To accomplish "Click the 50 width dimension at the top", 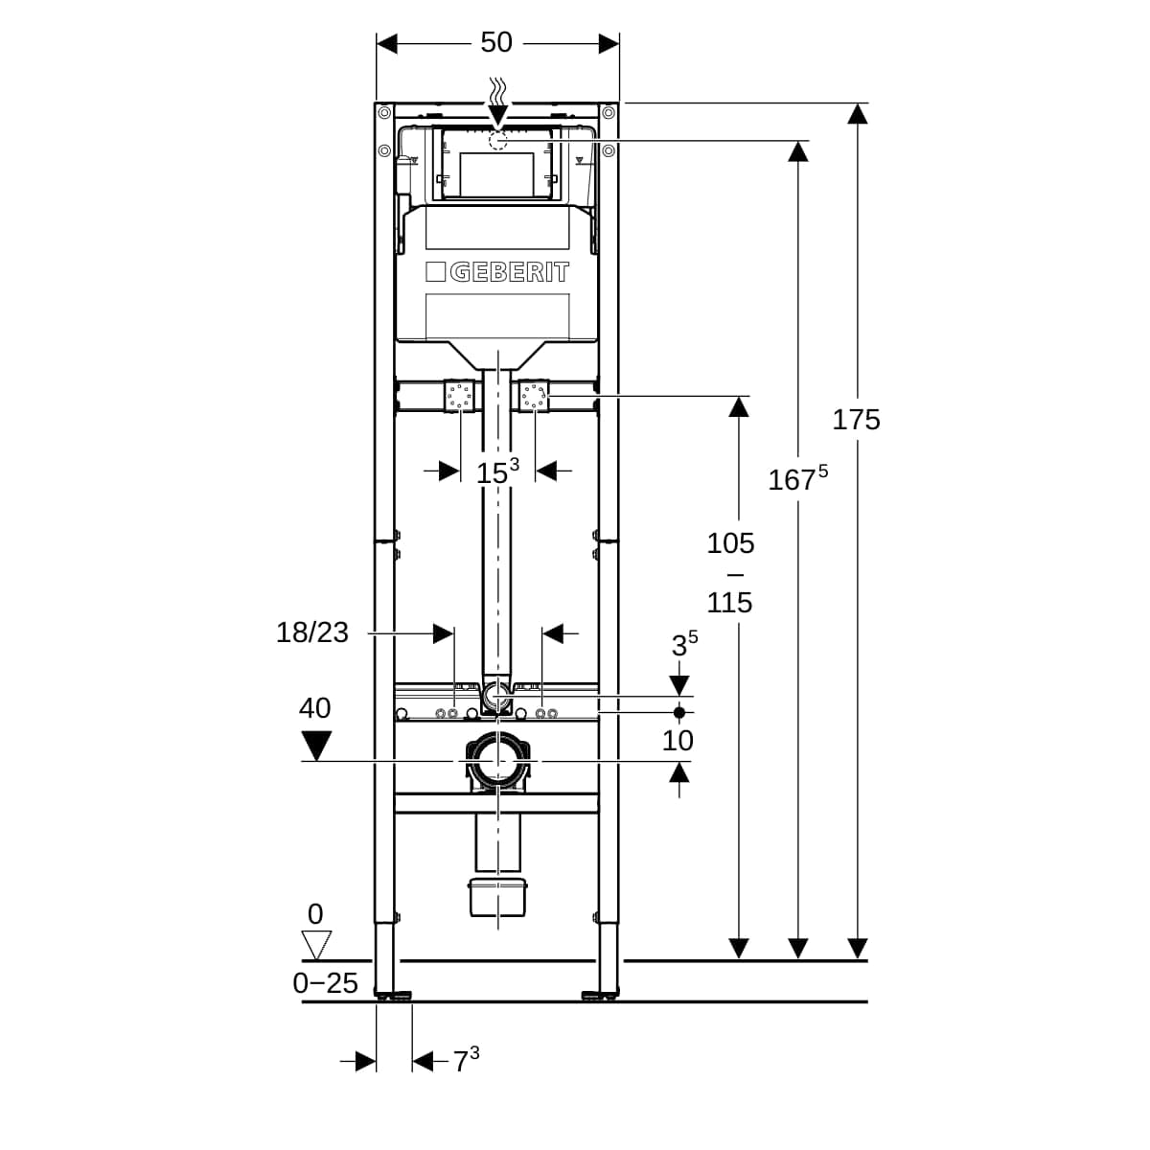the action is click(496, 43).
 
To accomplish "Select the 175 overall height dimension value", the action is click(857, 420).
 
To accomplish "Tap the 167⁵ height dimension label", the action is click(798, 478).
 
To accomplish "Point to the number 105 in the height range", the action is click(730, 543).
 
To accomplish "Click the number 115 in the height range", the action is click(730, 603).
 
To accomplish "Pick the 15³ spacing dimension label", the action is click(497, 471).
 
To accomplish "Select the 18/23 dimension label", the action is click(312, 632).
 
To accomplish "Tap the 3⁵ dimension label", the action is click(684, 644).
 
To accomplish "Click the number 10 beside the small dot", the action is click(678, 741).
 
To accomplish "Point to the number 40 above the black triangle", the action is click(315, 708).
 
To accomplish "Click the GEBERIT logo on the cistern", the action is click(497, 272).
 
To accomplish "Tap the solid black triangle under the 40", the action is click(315, 747).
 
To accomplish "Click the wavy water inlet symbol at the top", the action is click(497, 91).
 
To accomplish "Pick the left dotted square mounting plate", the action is click(460, 395).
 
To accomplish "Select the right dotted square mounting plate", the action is click(534, 395).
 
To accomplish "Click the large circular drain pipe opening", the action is click(497, 762).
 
